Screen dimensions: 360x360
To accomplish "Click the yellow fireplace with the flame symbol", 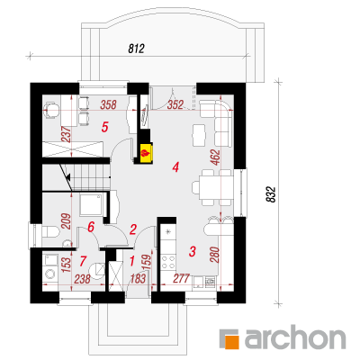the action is tap(147, 152).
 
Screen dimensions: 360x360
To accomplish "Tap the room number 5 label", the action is tap(104, 127).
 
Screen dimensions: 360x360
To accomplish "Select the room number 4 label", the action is tap(175, 167).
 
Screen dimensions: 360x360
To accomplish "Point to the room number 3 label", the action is tap(193, 251).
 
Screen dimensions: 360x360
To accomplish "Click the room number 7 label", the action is tap(83, 261).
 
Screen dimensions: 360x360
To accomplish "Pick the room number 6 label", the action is tap(91, 227).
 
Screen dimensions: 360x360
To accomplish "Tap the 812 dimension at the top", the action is tap(137, 49).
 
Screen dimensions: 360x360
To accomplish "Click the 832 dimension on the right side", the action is tap(271, 194).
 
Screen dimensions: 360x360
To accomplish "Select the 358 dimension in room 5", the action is tap(108, 104).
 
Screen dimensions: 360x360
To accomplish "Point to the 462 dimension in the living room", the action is tap(215, 157).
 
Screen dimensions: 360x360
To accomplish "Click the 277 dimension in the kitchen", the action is tap(182, 278).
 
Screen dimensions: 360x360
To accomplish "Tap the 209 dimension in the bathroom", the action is tap(66, 221).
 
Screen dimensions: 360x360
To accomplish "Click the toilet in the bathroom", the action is tap(48, 232).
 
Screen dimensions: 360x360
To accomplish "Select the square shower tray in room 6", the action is tap(91, 204).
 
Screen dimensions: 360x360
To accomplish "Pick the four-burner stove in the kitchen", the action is tap(168, 262).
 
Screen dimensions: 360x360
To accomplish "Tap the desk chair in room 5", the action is tap(50, 111).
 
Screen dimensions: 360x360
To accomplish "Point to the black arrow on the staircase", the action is tap(68, 177).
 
